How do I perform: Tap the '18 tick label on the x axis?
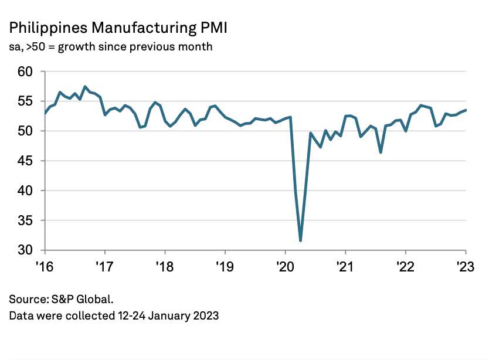click(164, 266)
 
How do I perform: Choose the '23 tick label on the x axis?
click(466, 266)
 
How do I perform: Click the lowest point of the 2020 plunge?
click(300, 240)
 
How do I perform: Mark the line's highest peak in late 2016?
click(85, 87)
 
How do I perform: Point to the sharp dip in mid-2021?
click(381, 152)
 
